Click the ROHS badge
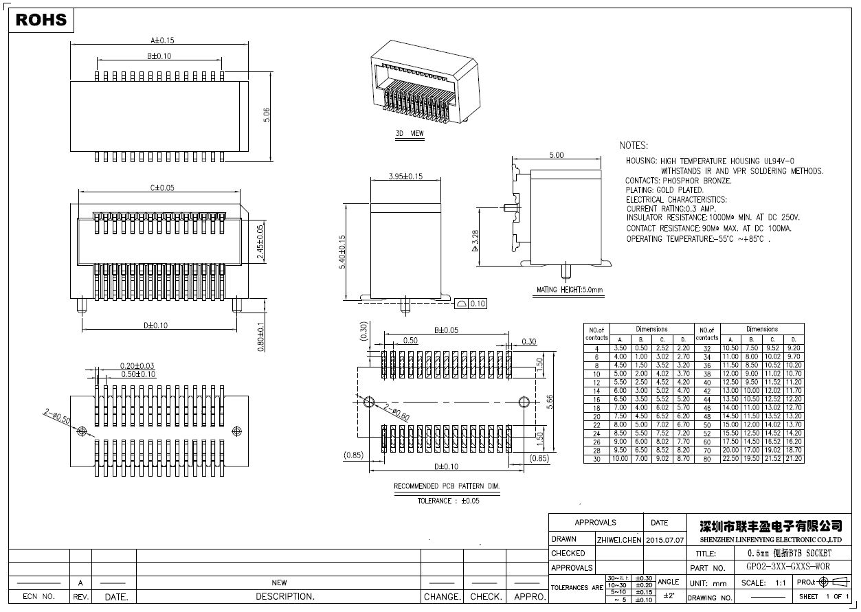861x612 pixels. [41, 20]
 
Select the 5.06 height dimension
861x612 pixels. [267, 115]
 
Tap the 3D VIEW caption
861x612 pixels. [410, 133]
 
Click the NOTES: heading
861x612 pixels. [634, 146]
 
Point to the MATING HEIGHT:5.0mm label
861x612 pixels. [569, 290]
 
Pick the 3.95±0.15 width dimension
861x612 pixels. [405, 177]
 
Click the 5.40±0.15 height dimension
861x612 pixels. [342, 251]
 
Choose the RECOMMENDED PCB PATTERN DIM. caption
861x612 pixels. [447, 486]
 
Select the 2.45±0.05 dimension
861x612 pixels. [260, 241]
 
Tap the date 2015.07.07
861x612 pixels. [665, 540]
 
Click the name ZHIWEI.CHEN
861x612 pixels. [619, 540]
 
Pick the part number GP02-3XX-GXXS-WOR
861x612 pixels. [787, 567]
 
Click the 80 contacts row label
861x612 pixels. [706, 458]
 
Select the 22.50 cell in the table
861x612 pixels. [730, 458]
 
